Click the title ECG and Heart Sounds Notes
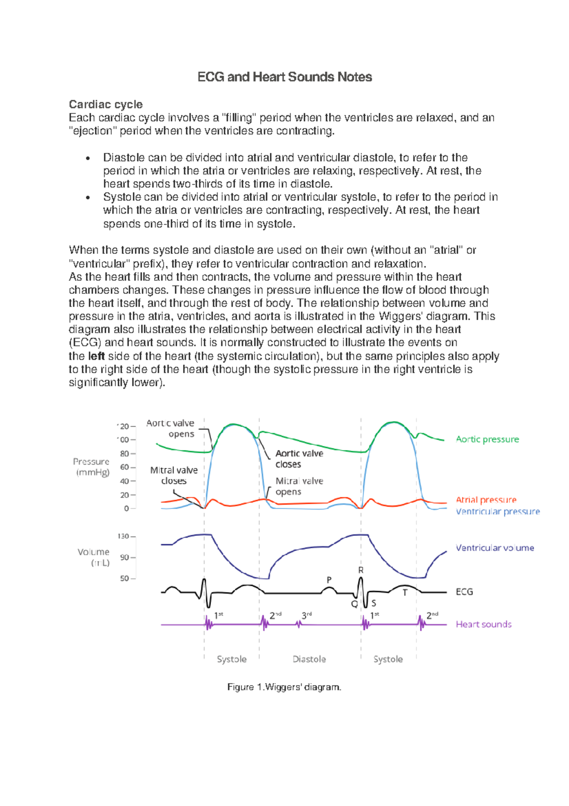click(x=284, y=77)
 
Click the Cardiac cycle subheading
click(x=106, y=104)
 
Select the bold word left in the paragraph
click(x=96, y=356)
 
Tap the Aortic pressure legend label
click(x=487, y=440)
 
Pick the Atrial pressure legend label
click(x=486, y=500)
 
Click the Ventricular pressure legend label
click(x=497, y=512)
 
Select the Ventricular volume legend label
click(x=495, y=548)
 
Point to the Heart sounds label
click(x=483, y=625)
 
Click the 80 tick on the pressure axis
click(x=124, y=454)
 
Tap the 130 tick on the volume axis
click(x=123, y=536)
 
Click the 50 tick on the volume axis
click(x=124, y=579)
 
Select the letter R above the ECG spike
click(x=361, y=570)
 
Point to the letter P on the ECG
click(x=329, y=580)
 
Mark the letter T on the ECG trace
click(x=405, y=593)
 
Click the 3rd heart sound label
click(x=306, y=616)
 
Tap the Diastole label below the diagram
click(x=309, y=659)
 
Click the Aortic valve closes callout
click(x=299, y=459)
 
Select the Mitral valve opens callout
click(x=299, y=487)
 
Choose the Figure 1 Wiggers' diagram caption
click(x=284, y=687)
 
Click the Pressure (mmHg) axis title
click(x=92, y=467)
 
